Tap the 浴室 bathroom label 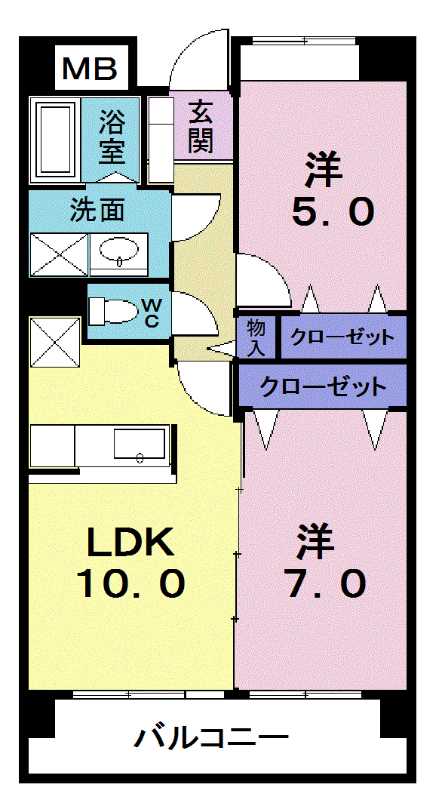112,137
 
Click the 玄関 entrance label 200,126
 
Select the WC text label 152,313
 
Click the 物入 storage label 256,338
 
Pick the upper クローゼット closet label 342,337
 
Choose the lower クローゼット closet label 323,386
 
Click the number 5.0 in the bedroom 333,211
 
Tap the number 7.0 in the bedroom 327,584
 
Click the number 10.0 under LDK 131,584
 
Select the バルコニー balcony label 211,738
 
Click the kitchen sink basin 140,445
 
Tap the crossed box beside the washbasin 60,255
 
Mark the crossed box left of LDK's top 55,342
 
